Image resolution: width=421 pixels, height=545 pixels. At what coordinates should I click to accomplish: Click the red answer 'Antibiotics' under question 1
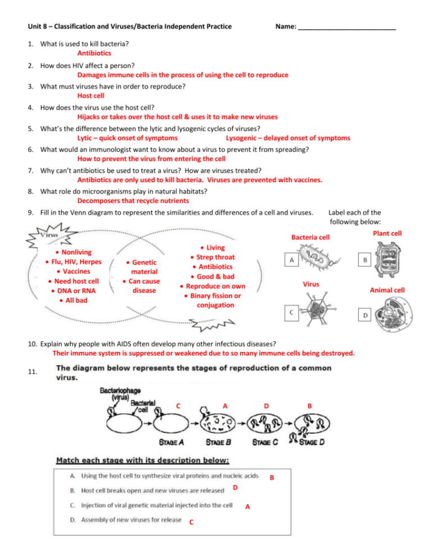(94, 53)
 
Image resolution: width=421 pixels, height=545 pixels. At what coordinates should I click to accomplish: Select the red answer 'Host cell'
(91, 96)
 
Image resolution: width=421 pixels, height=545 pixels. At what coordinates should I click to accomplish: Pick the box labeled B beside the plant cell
(365, 261)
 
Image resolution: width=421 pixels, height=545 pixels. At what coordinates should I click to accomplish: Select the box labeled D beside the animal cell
(365, 316)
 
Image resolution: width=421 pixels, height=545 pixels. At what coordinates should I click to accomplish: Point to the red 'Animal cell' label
(387, 290)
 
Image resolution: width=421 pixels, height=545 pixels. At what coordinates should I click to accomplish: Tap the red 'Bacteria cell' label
(310, 237)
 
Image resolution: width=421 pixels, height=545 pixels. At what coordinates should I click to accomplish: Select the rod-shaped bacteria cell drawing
(318, 260)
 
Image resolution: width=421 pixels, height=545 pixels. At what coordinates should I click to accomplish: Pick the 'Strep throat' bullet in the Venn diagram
(215, 257)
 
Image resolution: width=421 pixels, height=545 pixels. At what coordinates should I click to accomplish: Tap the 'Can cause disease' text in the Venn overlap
(144, 286)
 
